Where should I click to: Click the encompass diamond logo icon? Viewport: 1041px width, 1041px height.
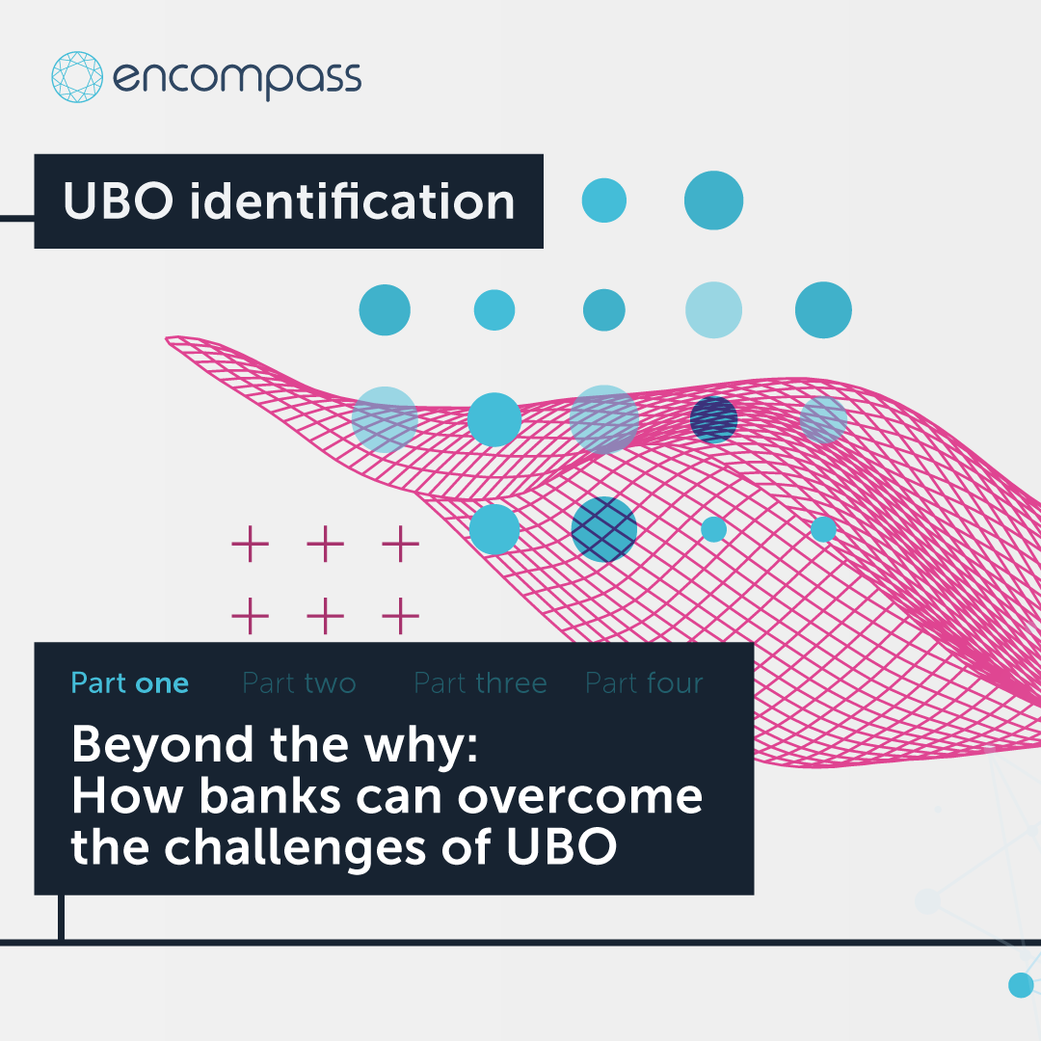click(x=77, y=77)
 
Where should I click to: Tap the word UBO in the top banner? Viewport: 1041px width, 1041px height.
click(x=119, y=201)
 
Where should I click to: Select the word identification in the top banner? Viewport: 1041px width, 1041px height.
click(x=352, y=201)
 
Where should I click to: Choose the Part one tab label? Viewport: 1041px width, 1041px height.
click(x=130, y=683)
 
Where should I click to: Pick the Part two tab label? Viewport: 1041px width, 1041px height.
click(x=299, y=683)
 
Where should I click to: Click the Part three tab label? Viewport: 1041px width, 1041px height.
click(x=480, y=683)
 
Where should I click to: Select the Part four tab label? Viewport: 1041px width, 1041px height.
click(x=644, y=683)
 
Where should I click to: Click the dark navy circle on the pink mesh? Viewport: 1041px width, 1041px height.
click(x=714, y=419)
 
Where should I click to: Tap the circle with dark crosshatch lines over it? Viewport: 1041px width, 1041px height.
click(x=604, y=529)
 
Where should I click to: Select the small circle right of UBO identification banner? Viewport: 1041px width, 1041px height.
click(x=604, y=200)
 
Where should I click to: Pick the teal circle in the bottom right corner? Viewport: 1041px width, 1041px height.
click(x=1021, y=984)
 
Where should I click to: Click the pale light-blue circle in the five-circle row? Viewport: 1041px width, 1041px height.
click(x=713, y=310)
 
